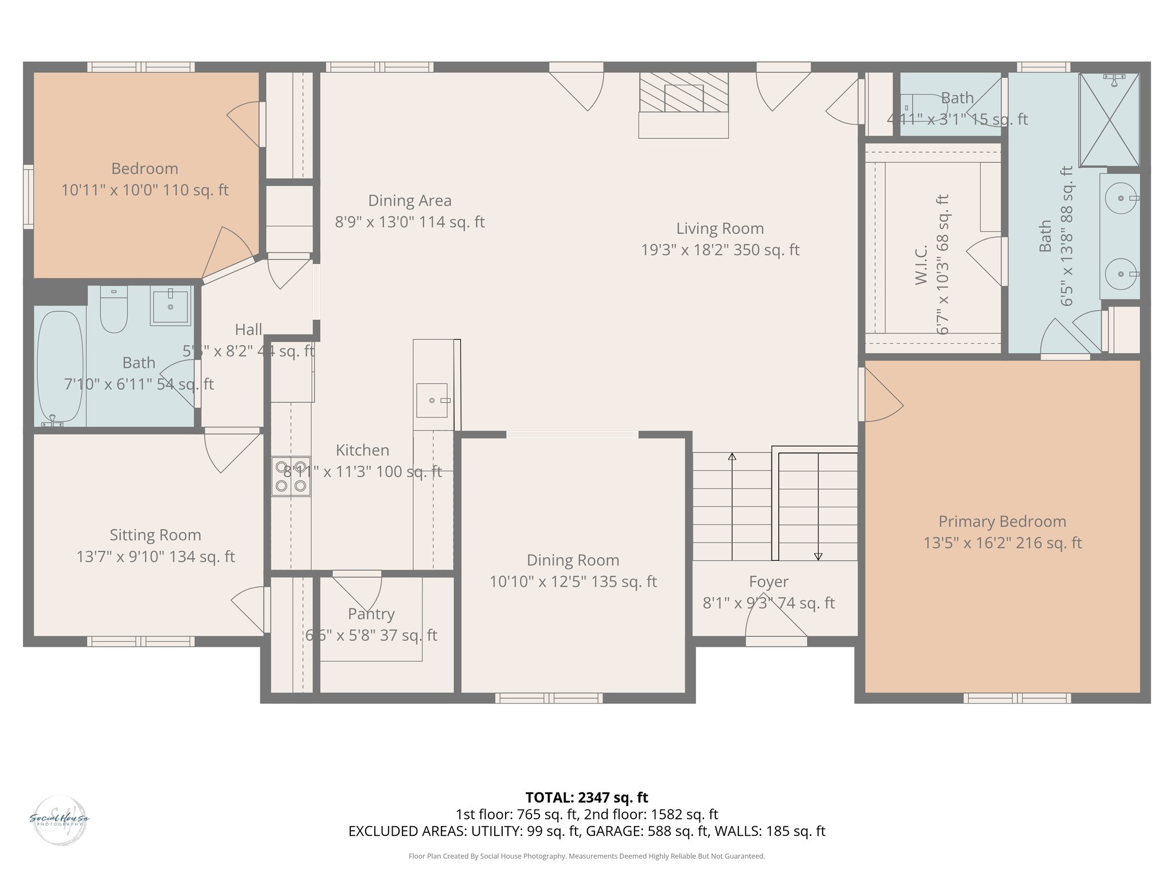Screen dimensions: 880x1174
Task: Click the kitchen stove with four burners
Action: coord(291,476)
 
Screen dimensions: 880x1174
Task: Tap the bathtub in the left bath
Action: coord(60,367)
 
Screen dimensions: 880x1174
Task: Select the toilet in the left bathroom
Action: coord(114,310)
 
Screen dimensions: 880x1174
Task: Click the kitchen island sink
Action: coord(432,400)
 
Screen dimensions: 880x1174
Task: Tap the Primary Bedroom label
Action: coord(1002,521)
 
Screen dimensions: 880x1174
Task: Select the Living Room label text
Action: coord(720,229)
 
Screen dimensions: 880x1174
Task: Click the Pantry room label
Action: coord(371,614)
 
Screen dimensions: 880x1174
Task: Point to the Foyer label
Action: coord(769,582)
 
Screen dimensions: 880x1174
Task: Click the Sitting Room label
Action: coord(155,535)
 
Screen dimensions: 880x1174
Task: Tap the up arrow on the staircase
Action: coord(732,457)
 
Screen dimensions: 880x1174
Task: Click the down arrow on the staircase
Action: coord(818,556)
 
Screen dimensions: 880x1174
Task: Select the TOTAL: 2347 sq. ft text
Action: coord(586,797)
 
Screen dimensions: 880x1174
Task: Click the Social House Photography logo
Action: coord(59,820)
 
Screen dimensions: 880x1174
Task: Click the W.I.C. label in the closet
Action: coord(921,265)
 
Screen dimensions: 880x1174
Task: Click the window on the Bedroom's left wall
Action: coord(28,197)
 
